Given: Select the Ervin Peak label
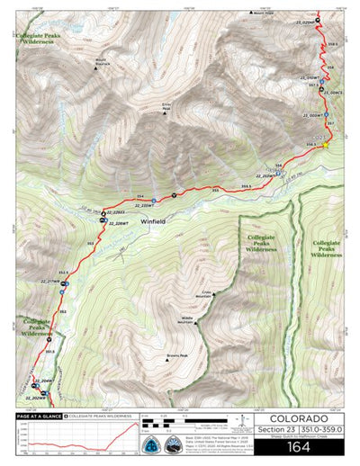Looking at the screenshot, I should (x=166, y=105).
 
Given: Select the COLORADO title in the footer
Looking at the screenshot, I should (x=304, y=419).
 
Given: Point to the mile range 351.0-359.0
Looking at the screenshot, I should (x=328, y=430).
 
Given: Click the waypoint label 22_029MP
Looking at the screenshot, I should (x=308, y=22).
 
